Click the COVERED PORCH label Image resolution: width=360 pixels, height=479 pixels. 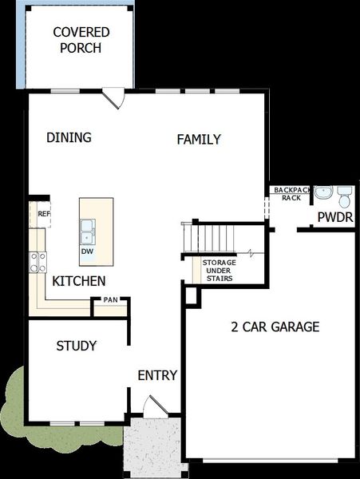(x=81, y=40)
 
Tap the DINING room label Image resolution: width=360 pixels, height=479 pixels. (x=69, y=137)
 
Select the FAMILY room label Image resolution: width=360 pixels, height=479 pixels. (x=199, y=140)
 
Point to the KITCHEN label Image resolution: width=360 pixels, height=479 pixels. (x=79, y=281)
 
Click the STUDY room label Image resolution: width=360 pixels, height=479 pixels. (x=77, y=346)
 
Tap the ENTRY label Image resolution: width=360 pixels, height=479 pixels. (x=157, y=375)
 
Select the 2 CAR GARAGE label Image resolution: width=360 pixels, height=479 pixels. (x=275, y=327)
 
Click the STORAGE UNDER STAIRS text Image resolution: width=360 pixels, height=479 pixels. (x=219, y=271)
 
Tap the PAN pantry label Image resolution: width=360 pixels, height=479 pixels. (x=110, y=301)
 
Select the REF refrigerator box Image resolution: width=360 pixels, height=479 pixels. (x=44, y=215)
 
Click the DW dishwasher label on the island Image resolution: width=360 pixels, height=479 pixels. (x=86, y=251)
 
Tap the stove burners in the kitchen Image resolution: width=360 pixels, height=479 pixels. (x=37, y=261)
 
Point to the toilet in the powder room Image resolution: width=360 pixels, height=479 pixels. (x=345, y=196)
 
